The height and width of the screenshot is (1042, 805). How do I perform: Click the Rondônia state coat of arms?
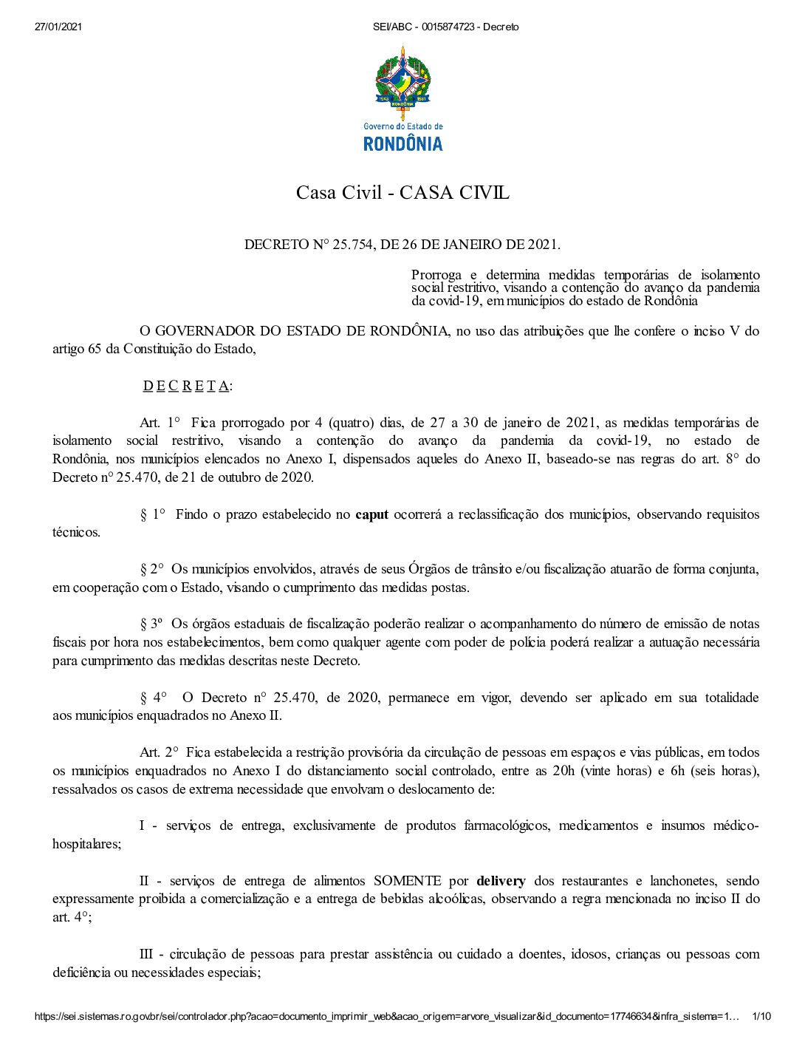tap(402, 81)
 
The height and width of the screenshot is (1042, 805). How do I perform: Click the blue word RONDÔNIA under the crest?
tap(402, 143)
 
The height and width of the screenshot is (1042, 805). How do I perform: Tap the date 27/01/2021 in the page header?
tap(58, 27)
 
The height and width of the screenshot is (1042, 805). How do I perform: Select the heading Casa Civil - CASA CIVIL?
tap(402, 193)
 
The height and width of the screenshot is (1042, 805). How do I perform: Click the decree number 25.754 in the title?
tap(354, 245)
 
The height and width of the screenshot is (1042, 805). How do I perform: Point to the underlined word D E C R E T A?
tap(187, 386)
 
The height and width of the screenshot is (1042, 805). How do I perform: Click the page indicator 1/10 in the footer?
tap(761, 1017)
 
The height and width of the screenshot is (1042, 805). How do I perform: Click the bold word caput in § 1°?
tap(371, 514)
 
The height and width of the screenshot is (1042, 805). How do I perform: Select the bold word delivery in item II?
tap(501, 881)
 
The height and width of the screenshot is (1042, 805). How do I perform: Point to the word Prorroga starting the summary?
tap(436, 276)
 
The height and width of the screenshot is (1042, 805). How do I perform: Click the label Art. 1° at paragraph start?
tap(160, 423)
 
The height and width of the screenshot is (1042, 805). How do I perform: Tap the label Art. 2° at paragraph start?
tap(160, 752)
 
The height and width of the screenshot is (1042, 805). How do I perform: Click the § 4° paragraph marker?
tap(154, 698)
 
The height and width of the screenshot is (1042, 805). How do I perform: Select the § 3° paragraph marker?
tap(151, 624)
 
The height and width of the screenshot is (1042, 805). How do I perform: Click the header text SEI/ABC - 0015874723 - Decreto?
tap(446, 27)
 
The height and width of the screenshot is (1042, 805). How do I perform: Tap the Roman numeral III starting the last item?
tap(145, 954)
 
